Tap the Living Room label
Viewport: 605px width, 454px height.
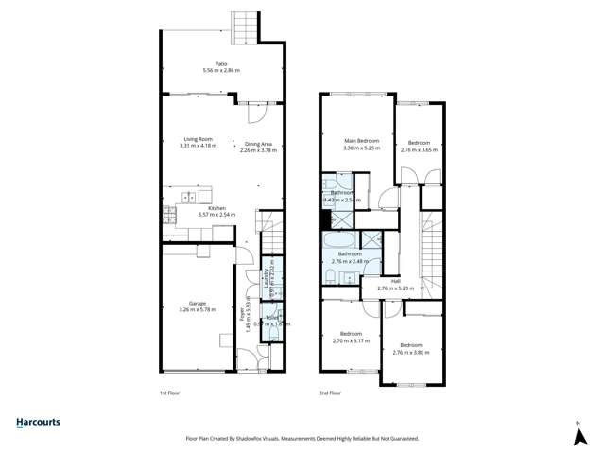(x=199, y=139)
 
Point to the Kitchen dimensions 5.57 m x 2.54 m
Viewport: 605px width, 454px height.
(x=216, y=215)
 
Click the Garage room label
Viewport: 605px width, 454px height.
(x=198, y=303)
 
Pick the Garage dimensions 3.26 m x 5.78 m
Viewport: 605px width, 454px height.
(x=198, y=309)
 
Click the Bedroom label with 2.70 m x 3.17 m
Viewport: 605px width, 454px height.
(x=351, y=334)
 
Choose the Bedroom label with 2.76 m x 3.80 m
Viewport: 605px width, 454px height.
(x=411, y=345)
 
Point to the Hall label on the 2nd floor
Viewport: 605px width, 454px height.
(x=395, y=281)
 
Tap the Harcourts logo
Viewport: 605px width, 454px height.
(x=46, y=422)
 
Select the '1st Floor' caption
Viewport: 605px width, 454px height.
(x=171, y=392)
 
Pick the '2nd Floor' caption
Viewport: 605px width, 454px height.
(x=330, y=392)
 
